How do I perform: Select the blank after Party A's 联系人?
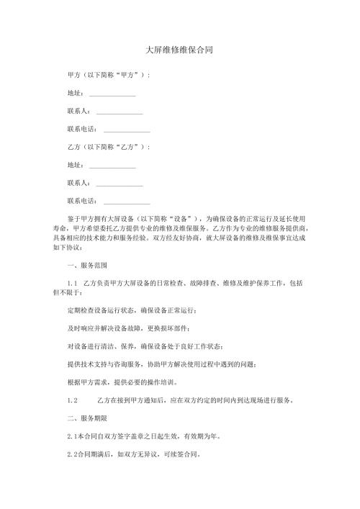[x=119, y=112]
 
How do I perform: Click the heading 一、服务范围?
[x=87, y=266]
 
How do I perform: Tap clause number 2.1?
[x=71, y=436]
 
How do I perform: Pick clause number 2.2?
[x=71, y=455]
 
